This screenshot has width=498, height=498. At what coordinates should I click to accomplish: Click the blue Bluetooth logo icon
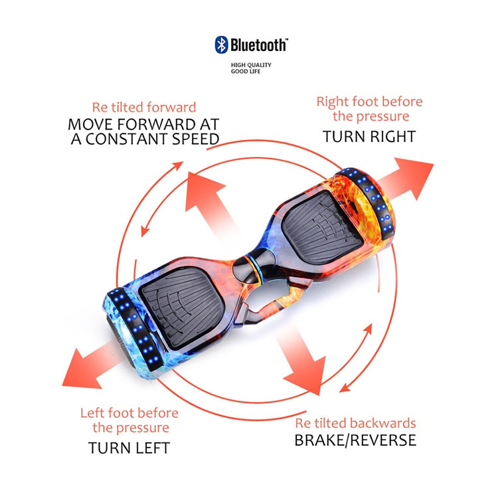tap(221, 44)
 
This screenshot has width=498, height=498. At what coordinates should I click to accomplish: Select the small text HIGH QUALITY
tap(251, 65)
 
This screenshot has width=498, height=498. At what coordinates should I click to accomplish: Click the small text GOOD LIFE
tap(246, 72)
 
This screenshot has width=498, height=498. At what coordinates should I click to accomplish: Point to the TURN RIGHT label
tap(369, 137)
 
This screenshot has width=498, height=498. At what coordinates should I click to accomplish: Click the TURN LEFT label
tap(129, 448)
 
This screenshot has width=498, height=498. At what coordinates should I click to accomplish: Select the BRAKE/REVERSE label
tap(355, 440)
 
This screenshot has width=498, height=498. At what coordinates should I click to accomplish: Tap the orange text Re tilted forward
tap(144, 108)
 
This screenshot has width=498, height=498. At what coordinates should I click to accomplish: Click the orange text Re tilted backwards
tap(355, 423)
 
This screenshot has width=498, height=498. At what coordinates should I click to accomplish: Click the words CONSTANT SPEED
tap(153, 139)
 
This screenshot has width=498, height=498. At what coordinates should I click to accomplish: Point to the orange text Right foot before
tap(369, 102)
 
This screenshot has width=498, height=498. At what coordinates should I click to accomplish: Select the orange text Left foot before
tap(129, 413)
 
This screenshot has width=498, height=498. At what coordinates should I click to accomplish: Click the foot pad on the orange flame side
tap(322, 227)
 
